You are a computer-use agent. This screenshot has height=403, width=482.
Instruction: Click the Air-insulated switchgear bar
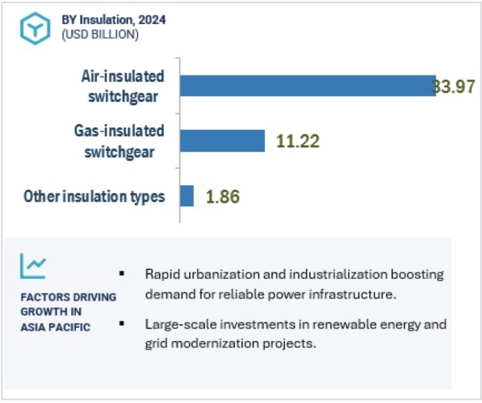coord(308,85)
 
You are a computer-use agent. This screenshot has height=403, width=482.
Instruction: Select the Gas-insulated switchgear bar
coord(222,140)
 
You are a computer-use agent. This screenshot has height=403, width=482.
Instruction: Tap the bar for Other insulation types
coord(186,196)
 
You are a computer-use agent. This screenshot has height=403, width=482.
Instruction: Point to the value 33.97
coord(453,86)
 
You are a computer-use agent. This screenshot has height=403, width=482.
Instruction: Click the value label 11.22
coord(298,141)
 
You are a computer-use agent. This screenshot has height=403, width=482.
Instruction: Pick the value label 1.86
coord(223,196)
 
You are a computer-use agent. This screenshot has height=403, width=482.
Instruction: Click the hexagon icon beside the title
coord(35,28)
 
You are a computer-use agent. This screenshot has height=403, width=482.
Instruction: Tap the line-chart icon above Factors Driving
coord(33,266)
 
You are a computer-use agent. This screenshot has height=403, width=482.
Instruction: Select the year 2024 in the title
coord(152,20)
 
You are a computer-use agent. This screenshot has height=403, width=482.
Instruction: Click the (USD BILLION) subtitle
coord(100,34)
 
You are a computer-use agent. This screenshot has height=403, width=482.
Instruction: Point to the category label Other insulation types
coord(94,196)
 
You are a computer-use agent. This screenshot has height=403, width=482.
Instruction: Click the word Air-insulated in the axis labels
coord(123,76)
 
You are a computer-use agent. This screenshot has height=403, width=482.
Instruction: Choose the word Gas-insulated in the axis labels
coord(119,131)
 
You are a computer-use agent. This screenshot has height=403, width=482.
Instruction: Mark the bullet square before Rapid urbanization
coord(122,273)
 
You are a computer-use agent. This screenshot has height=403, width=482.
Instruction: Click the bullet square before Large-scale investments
coord(122,323)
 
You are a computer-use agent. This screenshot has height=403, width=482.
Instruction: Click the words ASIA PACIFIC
coord(55,327)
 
